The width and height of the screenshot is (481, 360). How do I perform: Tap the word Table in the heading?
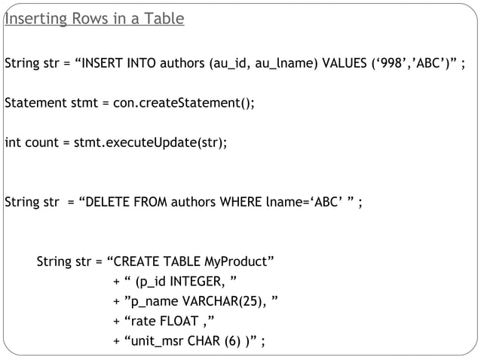pos(164,19)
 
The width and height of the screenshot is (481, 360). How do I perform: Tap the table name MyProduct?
pos(236,262)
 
